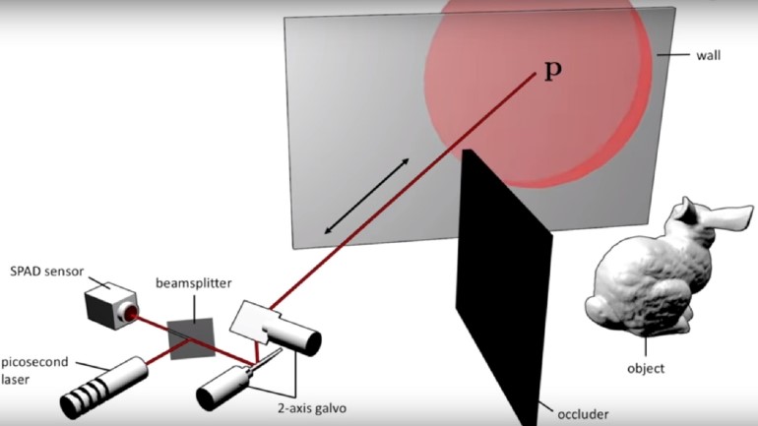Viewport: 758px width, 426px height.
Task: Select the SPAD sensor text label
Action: tap(42, 271)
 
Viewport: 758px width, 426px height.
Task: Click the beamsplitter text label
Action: tap(193, 283)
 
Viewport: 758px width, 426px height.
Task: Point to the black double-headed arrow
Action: tap(366, 195)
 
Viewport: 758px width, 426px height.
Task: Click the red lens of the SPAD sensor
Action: tap(128, 314)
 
